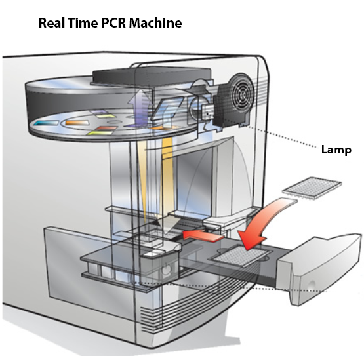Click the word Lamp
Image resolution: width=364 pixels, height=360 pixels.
[336, 150]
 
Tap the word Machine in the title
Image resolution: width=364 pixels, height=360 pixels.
[155, 23]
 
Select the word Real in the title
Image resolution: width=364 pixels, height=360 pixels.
[52, 23]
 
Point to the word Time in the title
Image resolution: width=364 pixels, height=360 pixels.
[83, 23]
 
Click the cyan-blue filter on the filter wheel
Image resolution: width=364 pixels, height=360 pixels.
[46, 123]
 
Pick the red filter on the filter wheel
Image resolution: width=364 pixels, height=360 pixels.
[106, 128]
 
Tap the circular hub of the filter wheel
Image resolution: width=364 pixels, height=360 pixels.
[114, 121]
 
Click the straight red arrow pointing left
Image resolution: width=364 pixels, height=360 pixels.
[203, 235]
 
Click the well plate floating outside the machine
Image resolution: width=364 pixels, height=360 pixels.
[312, 188]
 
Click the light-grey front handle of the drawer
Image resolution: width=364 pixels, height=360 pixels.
[320, 270]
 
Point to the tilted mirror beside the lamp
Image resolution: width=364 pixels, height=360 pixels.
[167, 109]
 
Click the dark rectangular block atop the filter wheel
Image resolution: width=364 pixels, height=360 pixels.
[152, 75]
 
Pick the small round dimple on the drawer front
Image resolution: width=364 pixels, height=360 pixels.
[312, 285]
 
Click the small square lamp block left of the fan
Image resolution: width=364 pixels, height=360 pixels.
[207, 112]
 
